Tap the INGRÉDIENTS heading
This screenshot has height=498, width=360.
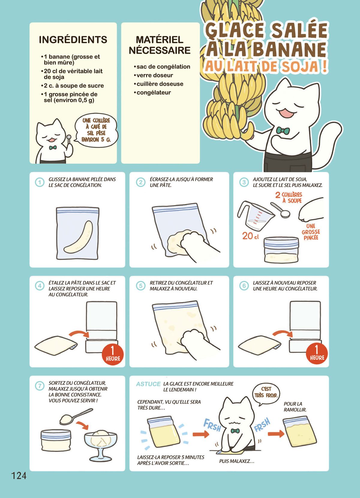click(73, 40)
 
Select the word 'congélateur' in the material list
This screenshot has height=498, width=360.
click(154, 92)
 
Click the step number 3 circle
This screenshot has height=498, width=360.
click(244, 182)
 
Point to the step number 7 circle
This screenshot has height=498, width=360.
click(40, 386)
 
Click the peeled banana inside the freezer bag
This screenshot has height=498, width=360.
click(78, 237)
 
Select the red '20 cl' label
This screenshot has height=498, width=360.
click(250, 236)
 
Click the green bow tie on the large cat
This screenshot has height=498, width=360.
click(283, 130)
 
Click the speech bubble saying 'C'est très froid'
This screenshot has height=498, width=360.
click(266, 395)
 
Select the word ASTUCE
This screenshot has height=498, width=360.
click(148, 384)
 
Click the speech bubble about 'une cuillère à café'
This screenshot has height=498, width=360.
click(96, 130)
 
